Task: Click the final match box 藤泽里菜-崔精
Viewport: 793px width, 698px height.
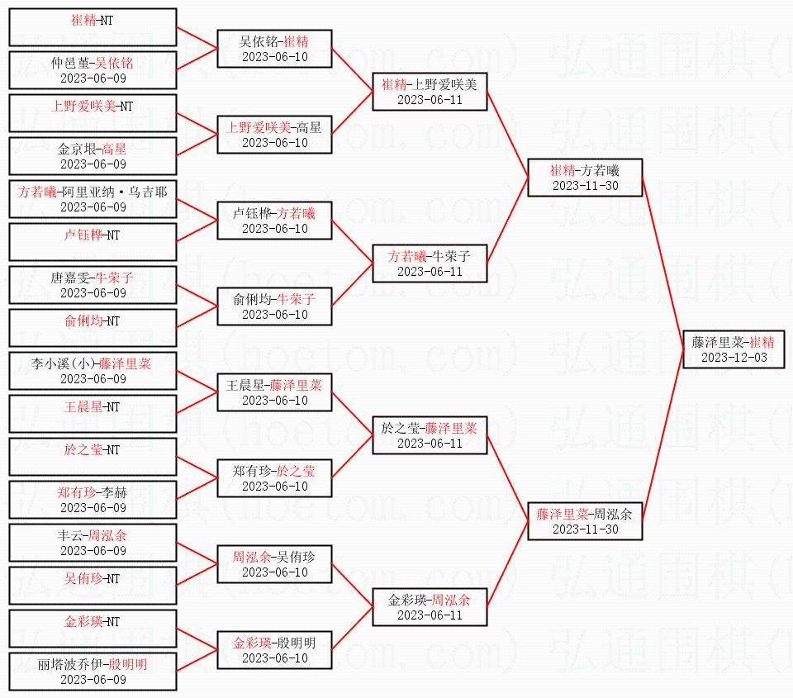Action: (734, 349)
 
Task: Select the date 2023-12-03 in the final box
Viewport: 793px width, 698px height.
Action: (734, 358)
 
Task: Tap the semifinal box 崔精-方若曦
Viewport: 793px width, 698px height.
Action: (585, 178)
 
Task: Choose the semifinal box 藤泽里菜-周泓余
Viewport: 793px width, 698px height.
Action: (585, 521)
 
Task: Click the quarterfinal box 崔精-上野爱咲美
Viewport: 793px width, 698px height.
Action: (430, 92)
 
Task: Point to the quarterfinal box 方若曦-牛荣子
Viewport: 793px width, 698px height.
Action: (430, 264)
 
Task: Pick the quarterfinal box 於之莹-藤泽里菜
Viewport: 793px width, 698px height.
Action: (430, 435)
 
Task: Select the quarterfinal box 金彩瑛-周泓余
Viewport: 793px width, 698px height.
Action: (430, 607)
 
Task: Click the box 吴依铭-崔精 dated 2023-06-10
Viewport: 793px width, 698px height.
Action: (274, 49)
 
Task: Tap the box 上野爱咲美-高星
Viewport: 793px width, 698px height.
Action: (274, 135)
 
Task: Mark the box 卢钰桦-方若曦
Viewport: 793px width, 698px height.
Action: (274, 221)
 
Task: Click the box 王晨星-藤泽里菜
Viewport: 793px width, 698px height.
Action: (274, 392)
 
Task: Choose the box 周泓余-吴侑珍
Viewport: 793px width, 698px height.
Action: (274, 564)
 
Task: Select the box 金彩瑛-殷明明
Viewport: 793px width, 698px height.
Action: (274, 650)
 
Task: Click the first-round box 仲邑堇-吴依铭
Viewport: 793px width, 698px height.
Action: (93, 70)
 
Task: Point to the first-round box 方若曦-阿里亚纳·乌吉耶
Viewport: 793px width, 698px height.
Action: (93, 199)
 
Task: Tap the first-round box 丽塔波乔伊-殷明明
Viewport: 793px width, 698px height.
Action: (93, 672)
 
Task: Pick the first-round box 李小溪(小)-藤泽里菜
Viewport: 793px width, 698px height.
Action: (93, 371)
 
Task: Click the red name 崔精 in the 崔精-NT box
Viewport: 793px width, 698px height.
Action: (83, 20)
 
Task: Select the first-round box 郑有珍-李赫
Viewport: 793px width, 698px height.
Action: (93, 500)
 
